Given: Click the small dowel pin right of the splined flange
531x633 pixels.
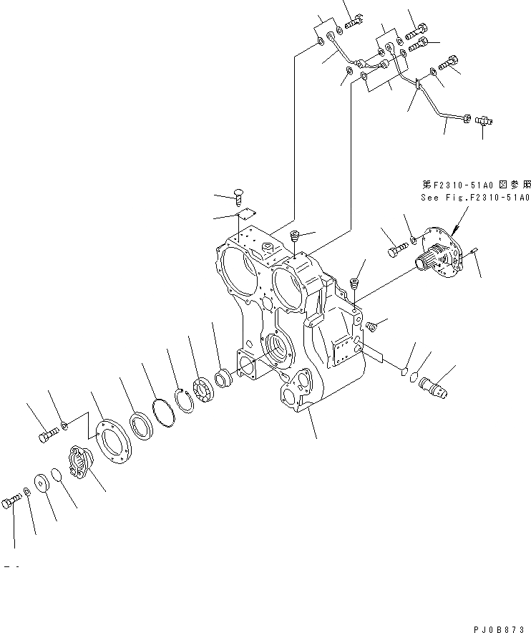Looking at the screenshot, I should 474,249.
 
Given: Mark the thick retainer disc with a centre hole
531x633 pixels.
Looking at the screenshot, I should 42,483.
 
